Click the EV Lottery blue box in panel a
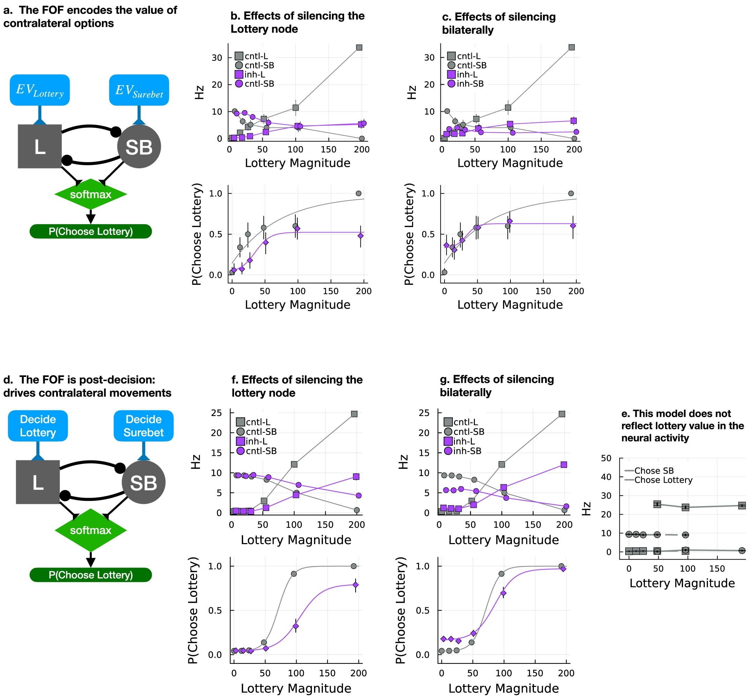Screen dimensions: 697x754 click(x=39, y=90)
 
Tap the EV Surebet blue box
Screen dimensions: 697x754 click(x=139, y=90)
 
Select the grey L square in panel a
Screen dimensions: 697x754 click(x=39, y=146)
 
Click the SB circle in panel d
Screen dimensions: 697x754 click(x=144, y=482)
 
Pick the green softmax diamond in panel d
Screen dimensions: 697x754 click(x=90, y=530)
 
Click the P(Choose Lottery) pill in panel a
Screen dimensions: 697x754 click(x=90, y=231)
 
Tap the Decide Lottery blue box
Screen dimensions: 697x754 click(x=38, y=425)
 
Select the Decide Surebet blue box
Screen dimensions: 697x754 click(x=144, y=425)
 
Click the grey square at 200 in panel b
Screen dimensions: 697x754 click(x=359, y=47)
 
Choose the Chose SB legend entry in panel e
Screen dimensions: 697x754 click(x=654, y=471)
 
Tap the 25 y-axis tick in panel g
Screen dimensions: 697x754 click(x=424, y=413)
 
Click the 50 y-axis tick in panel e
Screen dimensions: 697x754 click(x=606, y=458)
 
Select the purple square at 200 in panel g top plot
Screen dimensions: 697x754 click(x=563, y=465)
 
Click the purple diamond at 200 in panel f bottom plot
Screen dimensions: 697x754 click(x=356, y=585)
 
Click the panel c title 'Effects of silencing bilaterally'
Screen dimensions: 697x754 click(x=498, y=23)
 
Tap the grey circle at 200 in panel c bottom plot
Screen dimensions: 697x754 click(x=571, y=193)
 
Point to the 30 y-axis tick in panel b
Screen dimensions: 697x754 click(x=217, y=58)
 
